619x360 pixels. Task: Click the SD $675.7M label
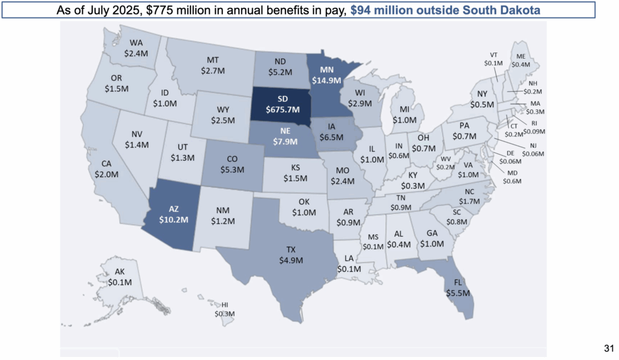(x=282, y=104)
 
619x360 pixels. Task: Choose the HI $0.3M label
(x=224, y=309)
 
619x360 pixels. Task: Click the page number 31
(x=609, y=348)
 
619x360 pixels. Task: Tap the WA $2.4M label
(x=137, y=48)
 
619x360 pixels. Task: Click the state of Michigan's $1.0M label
(x=404, y=115)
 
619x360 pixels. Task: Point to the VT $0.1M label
(x=493, y=58)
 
